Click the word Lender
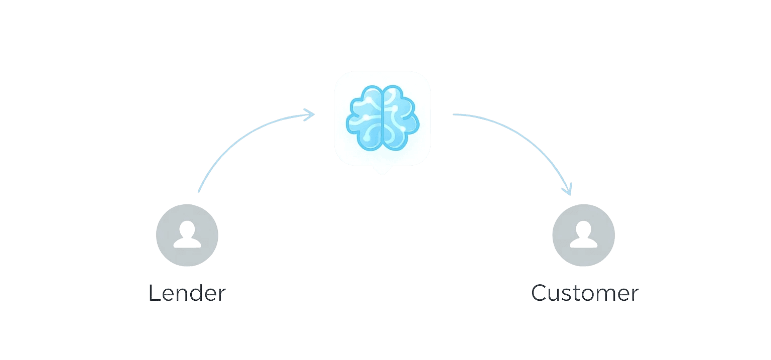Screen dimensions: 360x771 (187, 293)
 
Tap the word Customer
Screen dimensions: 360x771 (585, 293)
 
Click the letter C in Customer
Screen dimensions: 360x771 (540, 293)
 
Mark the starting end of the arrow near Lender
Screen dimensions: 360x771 (199, 191)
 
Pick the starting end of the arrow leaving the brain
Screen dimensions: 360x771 (454, 115)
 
